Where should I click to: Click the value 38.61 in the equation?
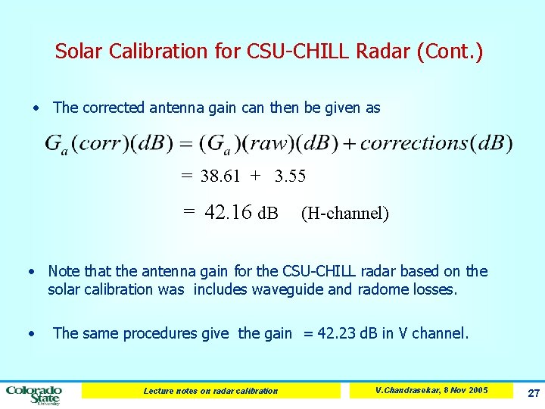pyautogui.click(x=220, y=176)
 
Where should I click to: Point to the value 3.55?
pyautogui.click(x=290, y=176)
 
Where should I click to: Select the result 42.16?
pyautogui.click(x=228, y=213)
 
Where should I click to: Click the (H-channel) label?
pyautogui.click(x=344, y=214)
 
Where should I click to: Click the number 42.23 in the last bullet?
pyautogui.click(x=339, y=333)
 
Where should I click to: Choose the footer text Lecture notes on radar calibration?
pyautogui.click(x=210, y=391)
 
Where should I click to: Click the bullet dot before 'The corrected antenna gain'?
pyautogui.click(x=36, y=108)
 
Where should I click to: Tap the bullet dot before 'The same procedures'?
pyautogui.click(x=31, y=333)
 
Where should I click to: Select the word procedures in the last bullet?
pyautogui.click(x=157, y=333)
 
